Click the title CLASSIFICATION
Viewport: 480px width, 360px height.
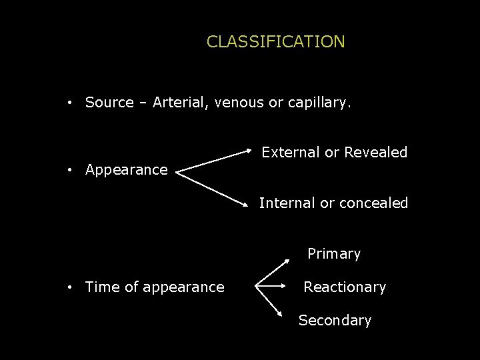coord(275,42)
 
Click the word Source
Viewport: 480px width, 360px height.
coord(109,103)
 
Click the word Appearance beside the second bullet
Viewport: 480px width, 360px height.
coord(126,170)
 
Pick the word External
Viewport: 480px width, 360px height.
coord(291,152)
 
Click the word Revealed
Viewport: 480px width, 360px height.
coord(375,152)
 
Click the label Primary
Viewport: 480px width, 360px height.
coord(333,254)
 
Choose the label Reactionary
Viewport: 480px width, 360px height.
coord(345,287)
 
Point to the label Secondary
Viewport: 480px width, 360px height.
coord(335,321)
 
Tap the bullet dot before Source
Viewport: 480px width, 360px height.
coord(69,103)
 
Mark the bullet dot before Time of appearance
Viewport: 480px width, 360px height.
coord(69,287)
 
